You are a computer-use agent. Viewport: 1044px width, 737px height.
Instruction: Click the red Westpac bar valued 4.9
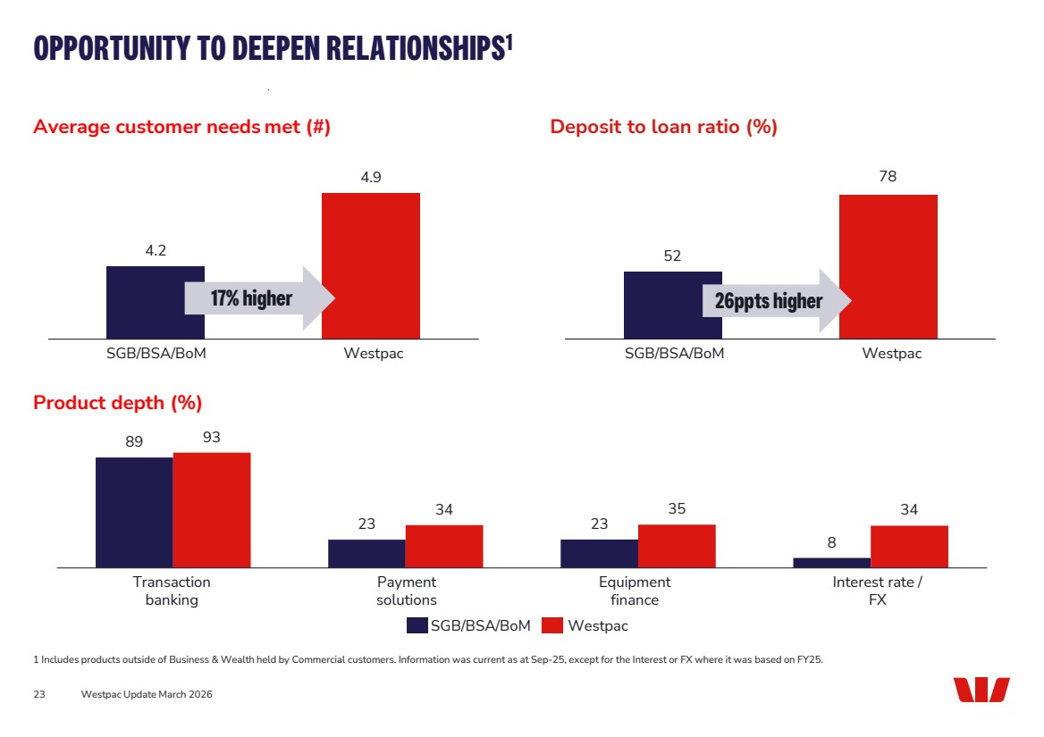pos(370,265)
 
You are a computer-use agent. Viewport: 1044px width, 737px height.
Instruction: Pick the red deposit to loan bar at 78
pos(888,266)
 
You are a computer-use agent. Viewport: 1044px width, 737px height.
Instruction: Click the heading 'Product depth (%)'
pos(117,403)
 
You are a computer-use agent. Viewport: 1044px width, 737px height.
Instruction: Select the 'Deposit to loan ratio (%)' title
pos(663,127)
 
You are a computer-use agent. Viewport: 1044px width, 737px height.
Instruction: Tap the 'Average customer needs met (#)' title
pos(181,127)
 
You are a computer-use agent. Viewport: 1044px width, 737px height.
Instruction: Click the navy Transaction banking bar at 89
pos(134,512)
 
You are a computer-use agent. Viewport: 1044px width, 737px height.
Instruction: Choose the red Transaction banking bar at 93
pos(212,509)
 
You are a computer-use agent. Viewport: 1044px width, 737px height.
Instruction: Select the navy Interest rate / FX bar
pos(831,563)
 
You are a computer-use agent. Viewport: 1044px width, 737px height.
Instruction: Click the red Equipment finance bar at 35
pos(677,546)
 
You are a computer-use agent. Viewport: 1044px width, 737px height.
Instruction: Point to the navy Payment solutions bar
pos(366,553)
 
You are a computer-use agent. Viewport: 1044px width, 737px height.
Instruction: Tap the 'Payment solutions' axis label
pos(406,590)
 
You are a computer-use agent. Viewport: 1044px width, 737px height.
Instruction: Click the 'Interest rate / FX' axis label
pos(877,590)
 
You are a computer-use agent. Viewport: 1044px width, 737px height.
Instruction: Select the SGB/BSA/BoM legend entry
pos(469,626)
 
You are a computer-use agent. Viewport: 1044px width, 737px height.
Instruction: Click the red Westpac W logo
pos(981,690)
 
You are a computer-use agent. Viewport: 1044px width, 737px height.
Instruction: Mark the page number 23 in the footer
pos(39,694)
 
